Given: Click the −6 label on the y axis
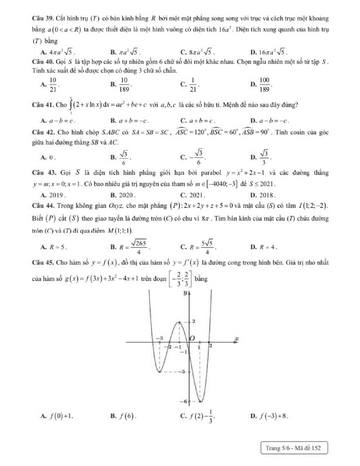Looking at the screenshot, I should pos(183,401).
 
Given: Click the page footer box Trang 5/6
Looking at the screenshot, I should pos(293,448).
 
